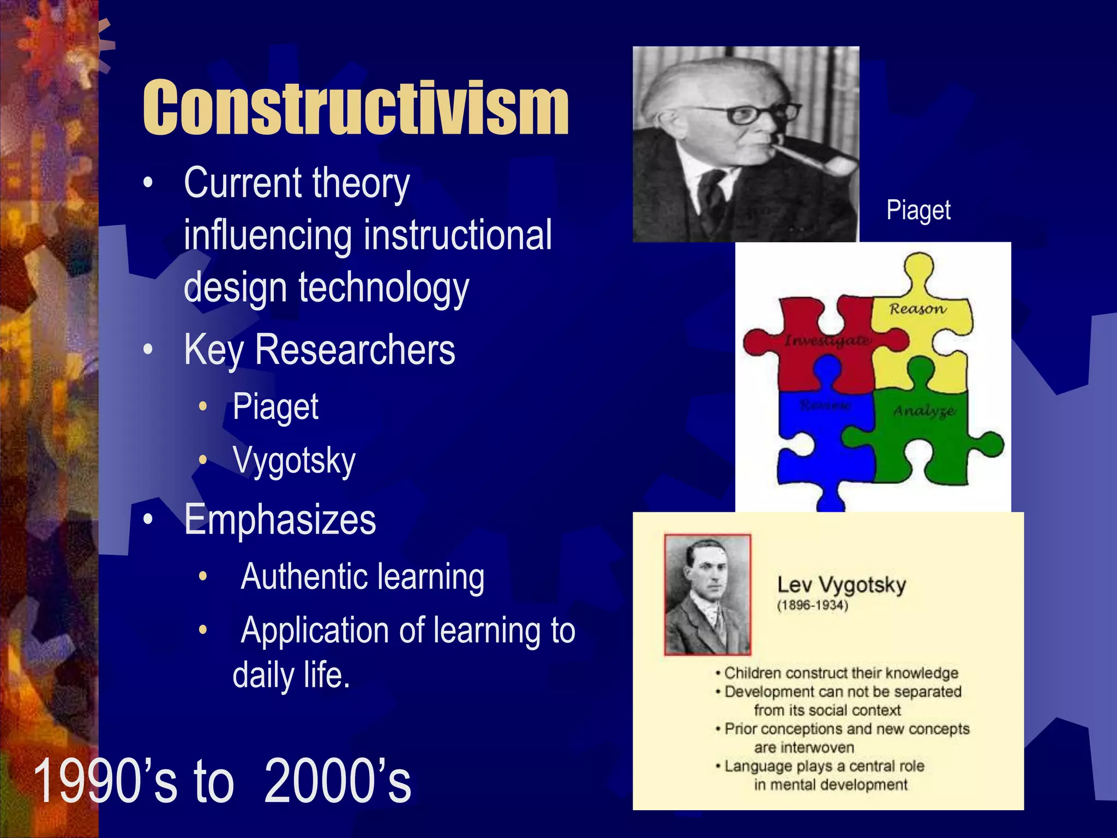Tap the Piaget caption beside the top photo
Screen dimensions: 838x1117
918,210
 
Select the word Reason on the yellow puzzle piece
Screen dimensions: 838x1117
917,309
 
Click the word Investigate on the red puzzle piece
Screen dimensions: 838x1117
827,341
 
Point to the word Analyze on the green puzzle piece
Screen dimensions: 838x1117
923,411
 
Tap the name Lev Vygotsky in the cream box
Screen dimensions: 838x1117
841,585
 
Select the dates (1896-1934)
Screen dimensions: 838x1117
813,605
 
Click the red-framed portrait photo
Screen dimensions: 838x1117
707,595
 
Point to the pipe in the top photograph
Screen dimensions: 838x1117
818,158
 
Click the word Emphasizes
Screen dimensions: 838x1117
280,519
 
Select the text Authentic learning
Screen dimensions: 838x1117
363,577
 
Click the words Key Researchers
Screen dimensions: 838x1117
320,350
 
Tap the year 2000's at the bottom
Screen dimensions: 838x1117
338,781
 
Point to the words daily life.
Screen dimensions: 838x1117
291,675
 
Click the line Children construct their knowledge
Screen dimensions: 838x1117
840,673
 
